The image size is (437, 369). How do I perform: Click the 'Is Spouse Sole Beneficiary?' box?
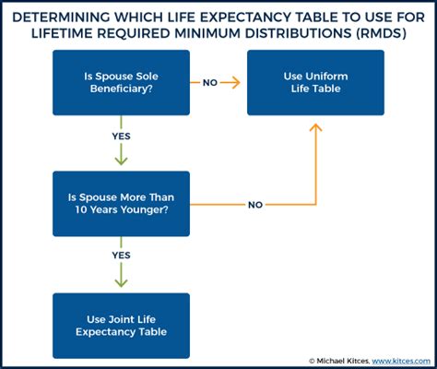point(121,83)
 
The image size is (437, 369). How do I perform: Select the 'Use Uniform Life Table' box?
point(315,83)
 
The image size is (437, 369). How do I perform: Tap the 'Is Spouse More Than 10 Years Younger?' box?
point(121,204)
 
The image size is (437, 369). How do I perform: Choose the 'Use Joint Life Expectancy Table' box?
point(121,326)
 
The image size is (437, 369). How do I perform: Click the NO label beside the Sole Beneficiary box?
point(210,83)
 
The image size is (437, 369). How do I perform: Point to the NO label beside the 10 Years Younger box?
point(255,205)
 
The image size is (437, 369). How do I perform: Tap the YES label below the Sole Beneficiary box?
point(121,137)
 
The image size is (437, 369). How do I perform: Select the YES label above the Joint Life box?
point(121,256)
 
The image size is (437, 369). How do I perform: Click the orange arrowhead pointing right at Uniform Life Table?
point(236,83)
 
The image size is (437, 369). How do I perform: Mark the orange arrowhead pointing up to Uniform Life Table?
point(315,127)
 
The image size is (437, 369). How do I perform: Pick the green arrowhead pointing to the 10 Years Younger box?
point(121,161)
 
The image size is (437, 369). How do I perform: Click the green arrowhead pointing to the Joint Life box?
point(121,282)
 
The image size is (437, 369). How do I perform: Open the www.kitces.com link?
point(401,361)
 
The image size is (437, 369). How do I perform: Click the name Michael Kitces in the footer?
point(343,361)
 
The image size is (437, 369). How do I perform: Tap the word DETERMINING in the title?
point(61,18)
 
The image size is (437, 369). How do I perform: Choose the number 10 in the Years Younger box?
point(81,209)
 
